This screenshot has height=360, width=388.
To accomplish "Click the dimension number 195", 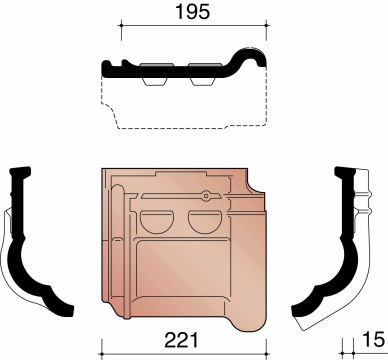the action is [193, 12].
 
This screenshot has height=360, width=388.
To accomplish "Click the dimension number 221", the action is [181, 340].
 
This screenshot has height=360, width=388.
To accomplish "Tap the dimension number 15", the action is [373, 340].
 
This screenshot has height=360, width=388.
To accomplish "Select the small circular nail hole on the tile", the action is [206, 196].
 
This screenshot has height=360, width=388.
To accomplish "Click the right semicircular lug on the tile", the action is [205, 222].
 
